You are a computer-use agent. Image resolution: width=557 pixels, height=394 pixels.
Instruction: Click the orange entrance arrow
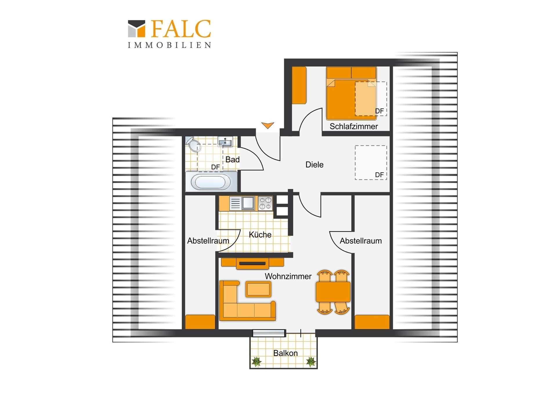[267, 125]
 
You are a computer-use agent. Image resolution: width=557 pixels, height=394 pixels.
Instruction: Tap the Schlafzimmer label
[354, 127]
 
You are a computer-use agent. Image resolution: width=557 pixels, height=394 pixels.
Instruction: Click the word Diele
[314, 165]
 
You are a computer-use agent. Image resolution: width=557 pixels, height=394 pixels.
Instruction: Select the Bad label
[232, 159]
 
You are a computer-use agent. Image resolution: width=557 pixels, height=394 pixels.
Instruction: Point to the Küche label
[260, 234]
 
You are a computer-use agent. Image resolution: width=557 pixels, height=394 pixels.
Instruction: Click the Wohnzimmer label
[288, 276]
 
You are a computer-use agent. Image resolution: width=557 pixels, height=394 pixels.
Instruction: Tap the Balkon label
[285, 353]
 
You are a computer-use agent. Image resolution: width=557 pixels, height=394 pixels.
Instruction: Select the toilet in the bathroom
[193, 144]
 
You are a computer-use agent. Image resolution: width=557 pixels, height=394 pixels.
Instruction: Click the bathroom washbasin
[225, 142]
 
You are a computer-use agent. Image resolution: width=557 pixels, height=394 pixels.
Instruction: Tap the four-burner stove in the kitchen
[265, 203]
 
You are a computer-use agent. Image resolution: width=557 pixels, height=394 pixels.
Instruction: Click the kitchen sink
[242, 203]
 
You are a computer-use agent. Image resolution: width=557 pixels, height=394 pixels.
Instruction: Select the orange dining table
[333, 292]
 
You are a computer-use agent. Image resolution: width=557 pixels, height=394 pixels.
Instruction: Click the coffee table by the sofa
[258, 289]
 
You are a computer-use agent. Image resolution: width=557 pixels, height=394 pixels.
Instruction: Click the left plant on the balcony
[256, 361]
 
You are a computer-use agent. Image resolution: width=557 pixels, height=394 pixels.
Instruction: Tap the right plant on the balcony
[311, 361]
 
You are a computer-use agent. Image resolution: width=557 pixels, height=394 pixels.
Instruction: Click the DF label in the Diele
[379, 175]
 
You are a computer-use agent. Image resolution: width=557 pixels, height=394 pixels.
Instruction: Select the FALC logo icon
[136, 28]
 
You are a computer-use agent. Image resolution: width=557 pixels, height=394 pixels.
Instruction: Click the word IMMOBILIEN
[169, 45]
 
